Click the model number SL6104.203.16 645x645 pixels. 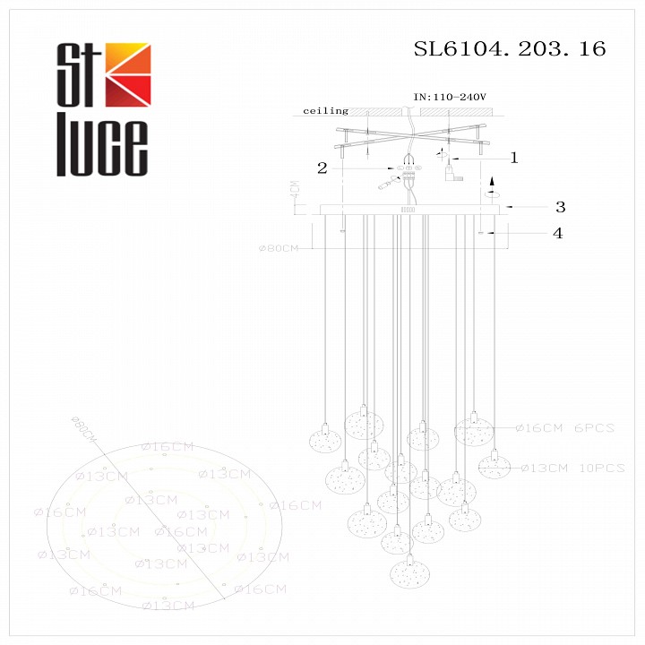(x=509, y=49)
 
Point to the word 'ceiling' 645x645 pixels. (x=325, y=111)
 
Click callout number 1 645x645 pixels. (x=514, y=159)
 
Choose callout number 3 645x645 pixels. (x=559, y=207)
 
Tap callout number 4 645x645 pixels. (x=557, y=234)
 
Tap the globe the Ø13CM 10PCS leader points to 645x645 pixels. (x=494, y=466)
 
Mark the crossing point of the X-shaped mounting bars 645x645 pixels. (x=408, y=142)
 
